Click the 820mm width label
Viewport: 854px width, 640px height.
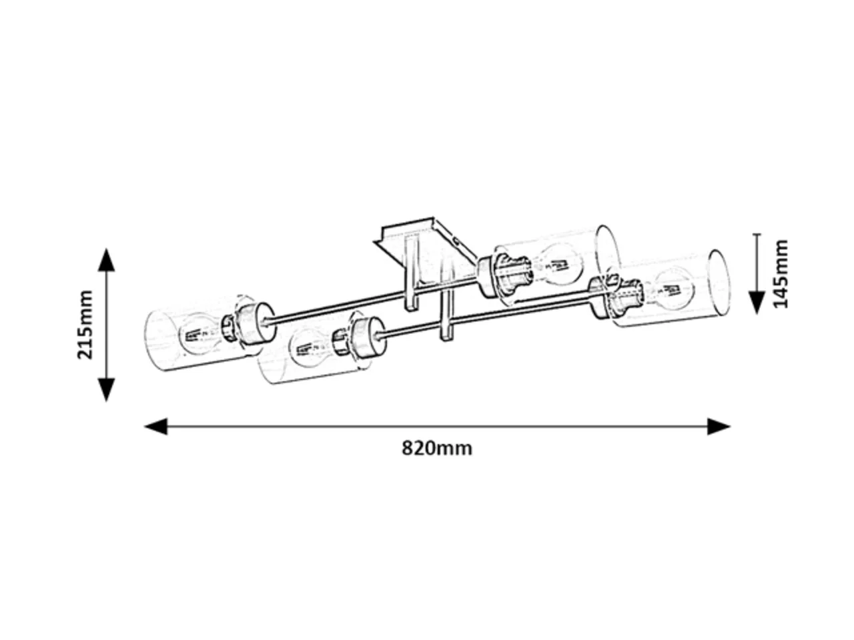[436, 448]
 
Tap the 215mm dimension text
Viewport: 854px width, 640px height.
[85, 325]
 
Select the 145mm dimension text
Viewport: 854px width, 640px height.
[781, 275]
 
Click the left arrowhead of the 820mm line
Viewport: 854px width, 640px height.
[156, 426]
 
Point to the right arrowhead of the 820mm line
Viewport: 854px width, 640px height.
[718, 426]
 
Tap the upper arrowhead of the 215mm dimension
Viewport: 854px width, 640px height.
[106, 260]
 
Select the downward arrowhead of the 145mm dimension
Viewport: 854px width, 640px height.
[757, 302]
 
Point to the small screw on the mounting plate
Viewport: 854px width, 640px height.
[457, 242]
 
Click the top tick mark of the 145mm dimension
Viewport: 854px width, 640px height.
[757, 234]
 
